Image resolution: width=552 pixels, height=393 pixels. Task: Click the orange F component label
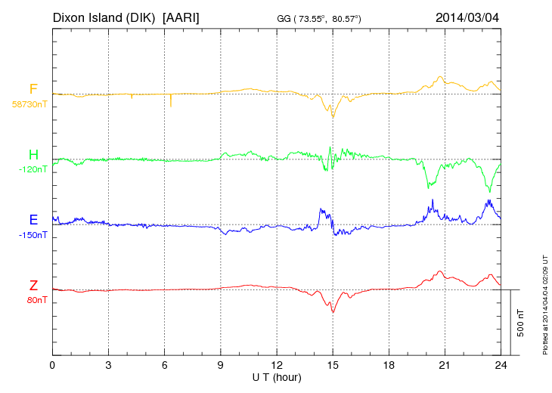tap(33, 89)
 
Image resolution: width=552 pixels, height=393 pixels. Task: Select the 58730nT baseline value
tap(29, 104)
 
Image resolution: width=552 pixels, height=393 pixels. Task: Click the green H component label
tap(33, 155)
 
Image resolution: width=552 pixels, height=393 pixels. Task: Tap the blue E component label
tap(33, 220)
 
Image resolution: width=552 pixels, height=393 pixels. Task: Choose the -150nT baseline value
tap(33, 235)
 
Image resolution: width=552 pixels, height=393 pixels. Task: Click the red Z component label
tap(33, 286)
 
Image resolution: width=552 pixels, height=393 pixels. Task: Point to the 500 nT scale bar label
tap(520, 323)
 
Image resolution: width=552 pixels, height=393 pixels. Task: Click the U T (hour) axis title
tap(277, 376)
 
